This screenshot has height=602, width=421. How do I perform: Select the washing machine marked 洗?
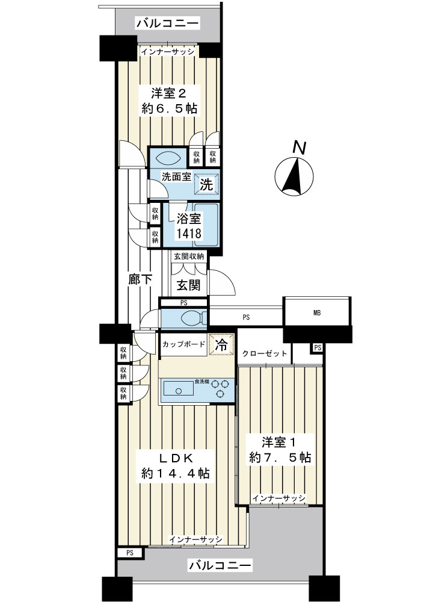pos(207,184)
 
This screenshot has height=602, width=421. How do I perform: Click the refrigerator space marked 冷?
pos(221,344)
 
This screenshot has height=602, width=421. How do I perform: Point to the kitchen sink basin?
pos(179,388)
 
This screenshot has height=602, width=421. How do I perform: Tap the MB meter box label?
pos(317,313)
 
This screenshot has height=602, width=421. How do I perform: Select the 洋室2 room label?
pos(169,93)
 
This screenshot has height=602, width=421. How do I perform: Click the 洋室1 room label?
pos(278,442)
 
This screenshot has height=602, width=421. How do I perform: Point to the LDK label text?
pos(175,458)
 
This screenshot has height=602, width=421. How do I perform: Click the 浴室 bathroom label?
pos(189,219)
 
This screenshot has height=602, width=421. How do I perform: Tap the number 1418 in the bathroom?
pos(189,233)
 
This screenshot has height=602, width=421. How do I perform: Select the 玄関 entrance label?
pos(189,285)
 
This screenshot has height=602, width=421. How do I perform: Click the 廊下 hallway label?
pos(140,279)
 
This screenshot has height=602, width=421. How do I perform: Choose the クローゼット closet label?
pos(265,353)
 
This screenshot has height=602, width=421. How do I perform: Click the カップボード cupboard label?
pos(184,344)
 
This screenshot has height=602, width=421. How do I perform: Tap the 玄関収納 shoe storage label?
pos(189,256)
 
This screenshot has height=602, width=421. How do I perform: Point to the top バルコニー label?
pos(168,23)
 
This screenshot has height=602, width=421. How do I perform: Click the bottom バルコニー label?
pos(220,565)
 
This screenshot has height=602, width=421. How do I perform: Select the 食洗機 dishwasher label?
pos(201,381)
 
